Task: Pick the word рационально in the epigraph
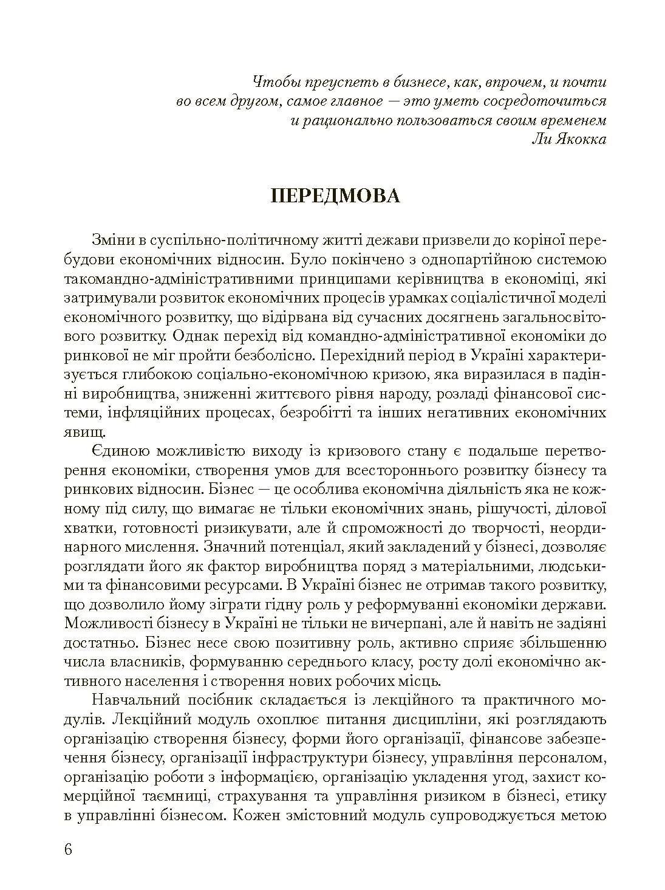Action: coord(349,120)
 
